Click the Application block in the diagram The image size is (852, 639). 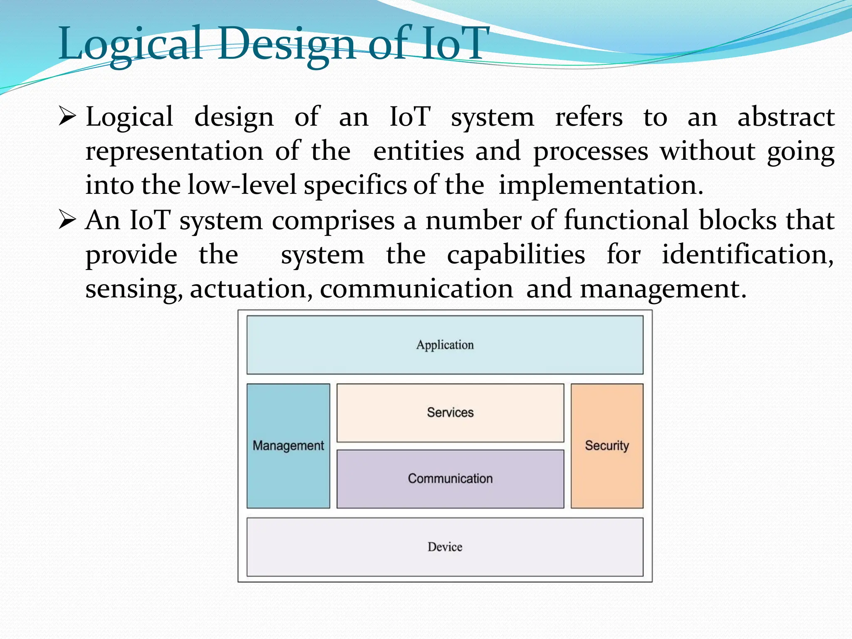[x=445, y=345]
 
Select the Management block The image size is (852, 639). [x=288, y=446]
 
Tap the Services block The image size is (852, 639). [x=450, y=413]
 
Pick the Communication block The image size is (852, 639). [x=450, y=479]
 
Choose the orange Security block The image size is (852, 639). [x=607, y=446]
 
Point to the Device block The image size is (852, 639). [x=445, y=547]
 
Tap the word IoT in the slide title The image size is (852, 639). [x=456, y=43]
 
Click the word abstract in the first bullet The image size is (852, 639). [x=785, y=117]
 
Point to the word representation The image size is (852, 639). [x=174, y=151]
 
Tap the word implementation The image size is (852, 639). [x=601, y=185]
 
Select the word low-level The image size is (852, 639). [x=242, y=185]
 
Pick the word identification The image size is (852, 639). [x=747, y=255]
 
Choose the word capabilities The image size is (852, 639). [x=516, y=255]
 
